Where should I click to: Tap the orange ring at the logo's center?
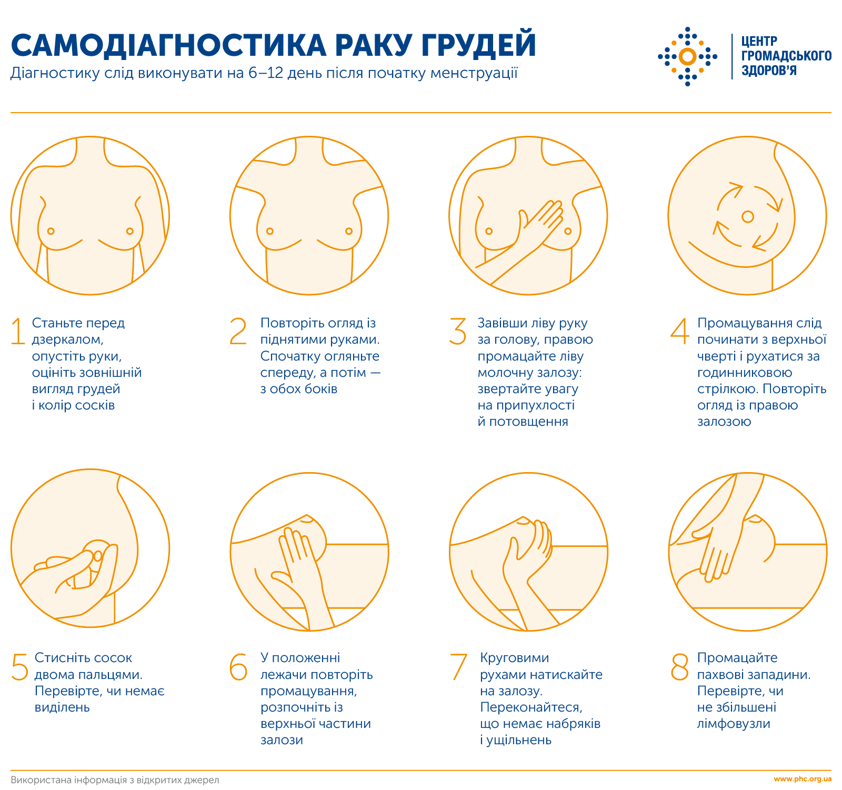[687, 56]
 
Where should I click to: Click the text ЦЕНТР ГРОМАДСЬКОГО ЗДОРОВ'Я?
[786, 56]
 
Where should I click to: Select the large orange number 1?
[18, 331]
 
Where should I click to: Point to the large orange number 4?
[679, 331]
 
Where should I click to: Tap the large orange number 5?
[20, 666]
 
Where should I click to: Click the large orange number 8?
[679, 666]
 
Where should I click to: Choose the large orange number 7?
[458, 666]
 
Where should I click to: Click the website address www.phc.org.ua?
[803, 779]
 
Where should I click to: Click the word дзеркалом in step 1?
[67, 339]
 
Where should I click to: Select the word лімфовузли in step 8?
[734, 724]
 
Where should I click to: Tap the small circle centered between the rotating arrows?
[747, 216]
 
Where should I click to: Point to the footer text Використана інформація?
[68, 779]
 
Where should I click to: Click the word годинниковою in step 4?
[745, 373]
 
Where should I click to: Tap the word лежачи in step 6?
[284, 675]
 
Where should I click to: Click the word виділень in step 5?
[62, 707]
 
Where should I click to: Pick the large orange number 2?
[238, 331]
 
